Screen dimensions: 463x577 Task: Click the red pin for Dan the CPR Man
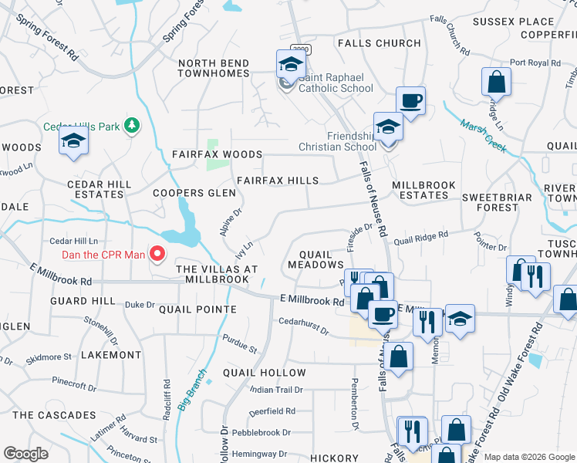158,253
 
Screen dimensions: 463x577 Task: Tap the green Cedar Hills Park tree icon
132,125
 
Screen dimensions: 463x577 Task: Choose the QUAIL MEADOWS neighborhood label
315,259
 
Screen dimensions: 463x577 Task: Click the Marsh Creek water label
484,136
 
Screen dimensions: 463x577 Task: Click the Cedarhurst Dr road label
304,326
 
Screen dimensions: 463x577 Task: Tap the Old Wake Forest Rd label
516,378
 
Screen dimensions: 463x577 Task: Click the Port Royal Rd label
534,63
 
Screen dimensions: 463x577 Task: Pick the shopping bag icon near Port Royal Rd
497,82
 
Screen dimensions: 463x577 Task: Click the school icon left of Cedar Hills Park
73,140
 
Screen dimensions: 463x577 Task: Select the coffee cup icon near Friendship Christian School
410,100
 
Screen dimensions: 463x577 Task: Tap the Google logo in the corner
25,454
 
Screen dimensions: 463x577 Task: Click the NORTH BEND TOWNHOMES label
214,68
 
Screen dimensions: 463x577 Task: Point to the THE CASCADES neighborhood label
54,415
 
